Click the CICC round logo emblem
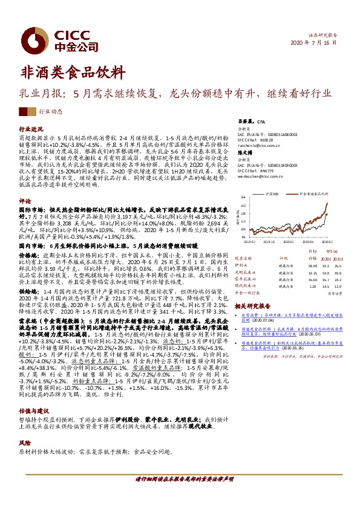point(30,39)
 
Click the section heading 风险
point(25,443)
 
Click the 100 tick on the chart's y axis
point(244,222)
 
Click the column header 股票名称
point(243,257)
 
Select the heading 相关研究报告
point(251,308)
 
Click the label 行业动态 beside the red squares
point(50,112)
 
